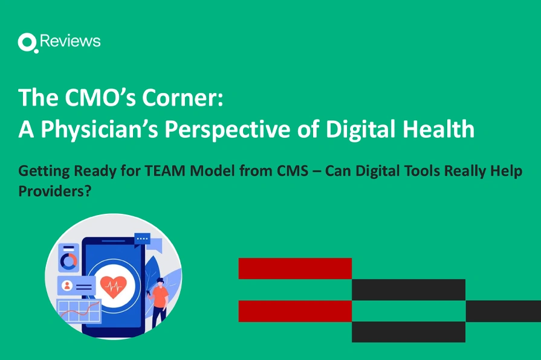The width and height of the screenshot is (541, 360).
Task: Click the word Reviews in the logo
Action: click(x=70, y=41)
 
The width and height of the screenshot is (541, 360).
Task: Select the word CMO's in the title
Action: click(x=91, y=97)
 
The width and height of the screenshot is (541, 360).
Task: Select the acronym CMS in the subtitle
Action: click(x=293, y=171)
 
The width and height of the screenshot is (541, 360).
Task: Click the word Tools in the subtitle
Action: click(x=419, y=171)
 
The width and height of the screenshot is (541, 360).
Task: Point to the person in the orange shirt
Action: click(x=160, y=302)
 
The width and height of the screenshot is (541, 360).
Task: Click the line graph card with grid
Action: click(x=79, y=312)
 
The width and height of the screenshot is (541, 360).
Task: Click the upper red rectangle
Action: click(x=295, y=268)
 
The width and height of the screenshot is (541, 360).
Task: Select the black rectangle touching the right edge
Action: click(x=503, y=310)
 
